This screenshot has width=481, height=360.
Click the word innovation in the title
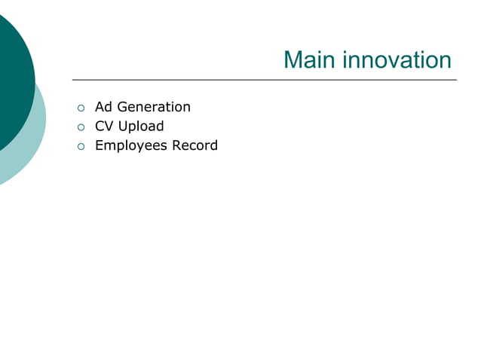coord(398,60)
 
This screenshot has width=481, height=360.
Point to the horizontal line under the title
coord(264,79)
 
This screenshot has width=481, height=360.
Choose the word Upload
coord(141,127)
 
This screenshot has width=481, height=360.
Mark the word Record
coord(195,145)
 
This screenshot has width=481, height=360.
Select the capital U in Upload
coord(123,126)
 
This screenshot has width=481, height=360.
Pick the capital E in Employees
coord(99,145)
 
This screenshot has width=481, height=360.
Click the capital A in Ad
coord(100,107)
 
